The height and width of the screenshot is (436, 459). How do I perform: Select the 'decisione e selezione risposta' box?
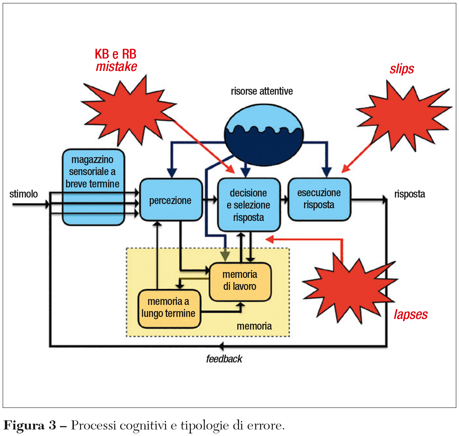[249, 205]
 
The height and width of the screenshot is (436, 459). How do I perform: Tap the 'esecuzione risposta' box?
[319, 199]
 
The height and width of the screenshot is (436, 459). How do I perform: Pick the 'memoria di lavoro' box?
[240, 281]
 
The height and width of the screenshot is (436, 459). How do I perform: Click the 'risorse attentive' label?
[262, 91]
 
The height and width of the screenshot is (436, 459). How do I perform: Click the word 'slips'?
[402, 69]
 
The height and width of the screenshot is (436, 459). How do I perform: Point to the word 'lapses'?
[410, 315]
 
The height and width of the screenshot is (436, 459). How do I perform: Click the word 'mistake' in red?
[116, 67]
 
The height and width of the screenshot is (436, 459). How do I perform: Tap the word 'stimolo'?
[23, 194]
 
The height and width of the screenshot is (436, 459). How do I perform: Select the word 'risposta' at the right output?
[410, 194]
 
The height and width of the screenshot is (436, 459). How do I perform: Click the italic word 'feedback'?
[224, 359]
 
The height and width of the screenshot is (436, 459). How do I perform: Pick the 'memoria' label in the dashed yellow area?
[254, 326]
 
